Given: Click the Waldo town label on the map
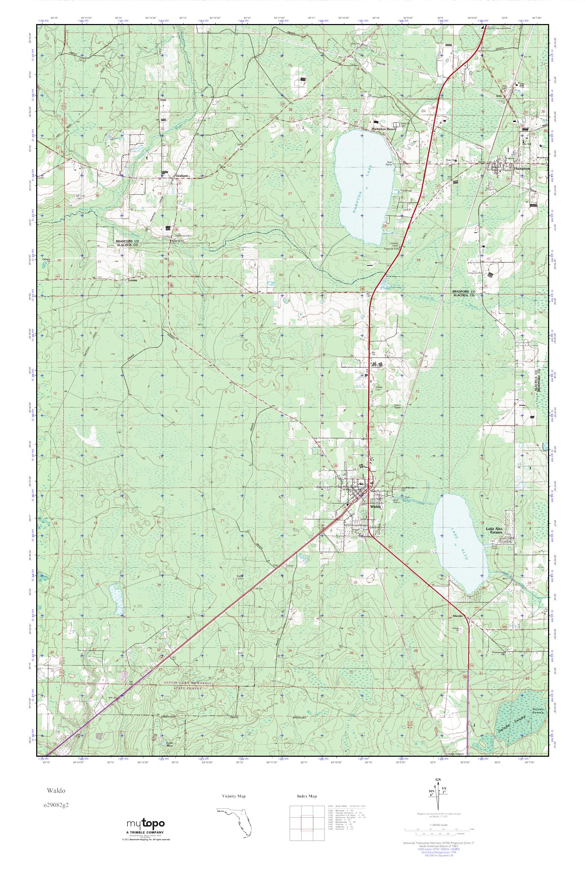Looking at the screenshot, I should tap(376, 507).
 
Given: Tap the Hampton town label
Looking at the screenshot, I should tap(521, 168).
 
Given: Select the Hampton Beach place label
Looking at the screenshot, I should tap(384, 129).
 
